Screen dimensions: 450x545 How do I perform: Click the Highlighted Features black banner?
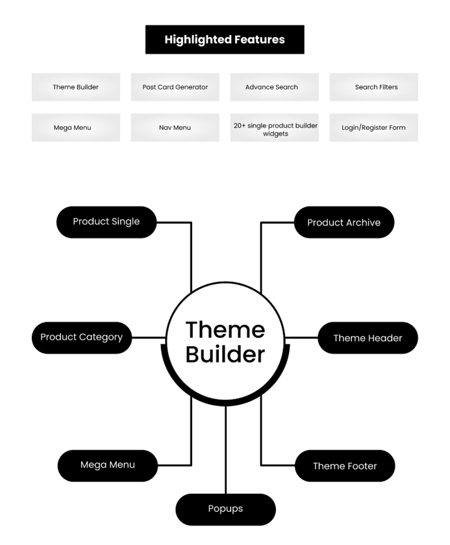(x=225, y=39)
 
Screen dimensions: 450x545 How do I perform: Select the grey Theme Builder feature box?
(x=76, y=87)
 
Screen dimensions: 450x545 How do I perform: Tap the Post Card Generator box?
(x=175, y=87)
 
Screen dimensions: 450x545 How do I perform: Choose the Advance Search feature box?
(x=274, y=87)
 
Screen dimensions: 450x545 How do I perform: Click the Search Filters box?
(x=373, y=87)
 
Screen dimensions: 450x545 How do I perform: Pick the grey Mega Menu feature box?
(x=76, y=127)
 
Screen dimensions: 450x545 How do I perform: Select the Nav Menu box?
(x=175, y=127)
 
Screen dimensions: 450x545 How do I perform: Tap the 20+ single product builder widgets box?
(x=274, y=127)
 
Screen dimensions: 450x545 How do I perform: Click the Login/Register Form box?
(x=373, y=127)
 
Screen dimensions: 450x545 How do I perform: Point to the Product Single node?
(x=106, y=222)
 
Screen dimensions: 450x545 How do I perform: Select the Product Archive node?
(x=344, y=222)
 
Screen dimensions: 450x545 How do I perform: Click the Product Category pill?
(x=82, y=338)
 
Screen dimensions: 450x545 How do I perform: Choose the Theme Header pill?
(x=368, y=338)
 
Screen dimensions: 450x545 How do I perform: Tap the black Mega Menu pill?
(x=108, y=465)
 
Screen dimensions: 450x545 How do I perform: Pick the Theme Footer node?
(x=345, y=465)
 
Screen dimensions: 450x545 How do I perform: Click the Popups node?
(x=225, y=509)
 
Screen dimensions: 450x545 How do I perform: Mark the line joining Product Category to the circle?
(x=149, y=338)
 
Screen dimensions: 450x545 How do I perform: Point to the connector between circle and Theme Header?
(x=301, y=338)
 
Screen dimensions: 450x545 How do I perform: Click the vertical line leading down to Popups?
(x=225, y=450)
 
